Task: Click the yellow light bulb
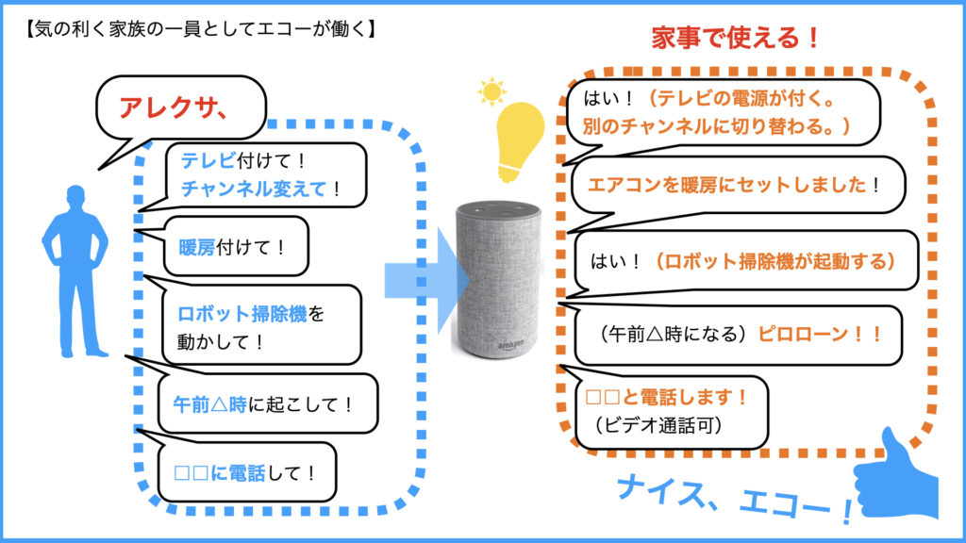(520, 141)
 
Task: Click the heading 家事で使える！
(735, 39)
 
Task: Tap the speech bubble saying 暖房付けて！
(231, 248)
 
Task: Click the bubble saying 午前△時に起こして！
(264, 404)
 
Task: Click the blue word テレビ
(204, 160)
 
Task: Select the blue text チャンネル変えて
(254, 189)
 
